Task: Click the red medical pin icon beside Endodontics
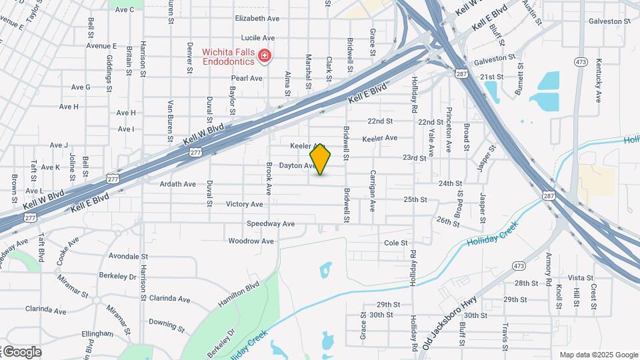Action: coord(265,55)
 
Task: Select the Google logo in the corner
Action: coord(22,351)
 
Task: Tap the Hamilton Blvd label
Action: coord(238,295)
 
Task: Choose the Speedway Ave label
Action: coord(271,224)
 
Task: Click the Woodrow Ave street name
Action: coord(251,241)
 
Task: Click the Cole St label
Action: coord(395,243)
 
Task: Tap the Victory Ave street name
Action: coord(245,204)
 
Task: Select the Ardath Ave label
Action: coord(178,184)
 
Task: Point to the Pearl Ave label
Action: coord(247,78)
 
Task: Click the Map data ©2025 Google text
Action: coord(598,355)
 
